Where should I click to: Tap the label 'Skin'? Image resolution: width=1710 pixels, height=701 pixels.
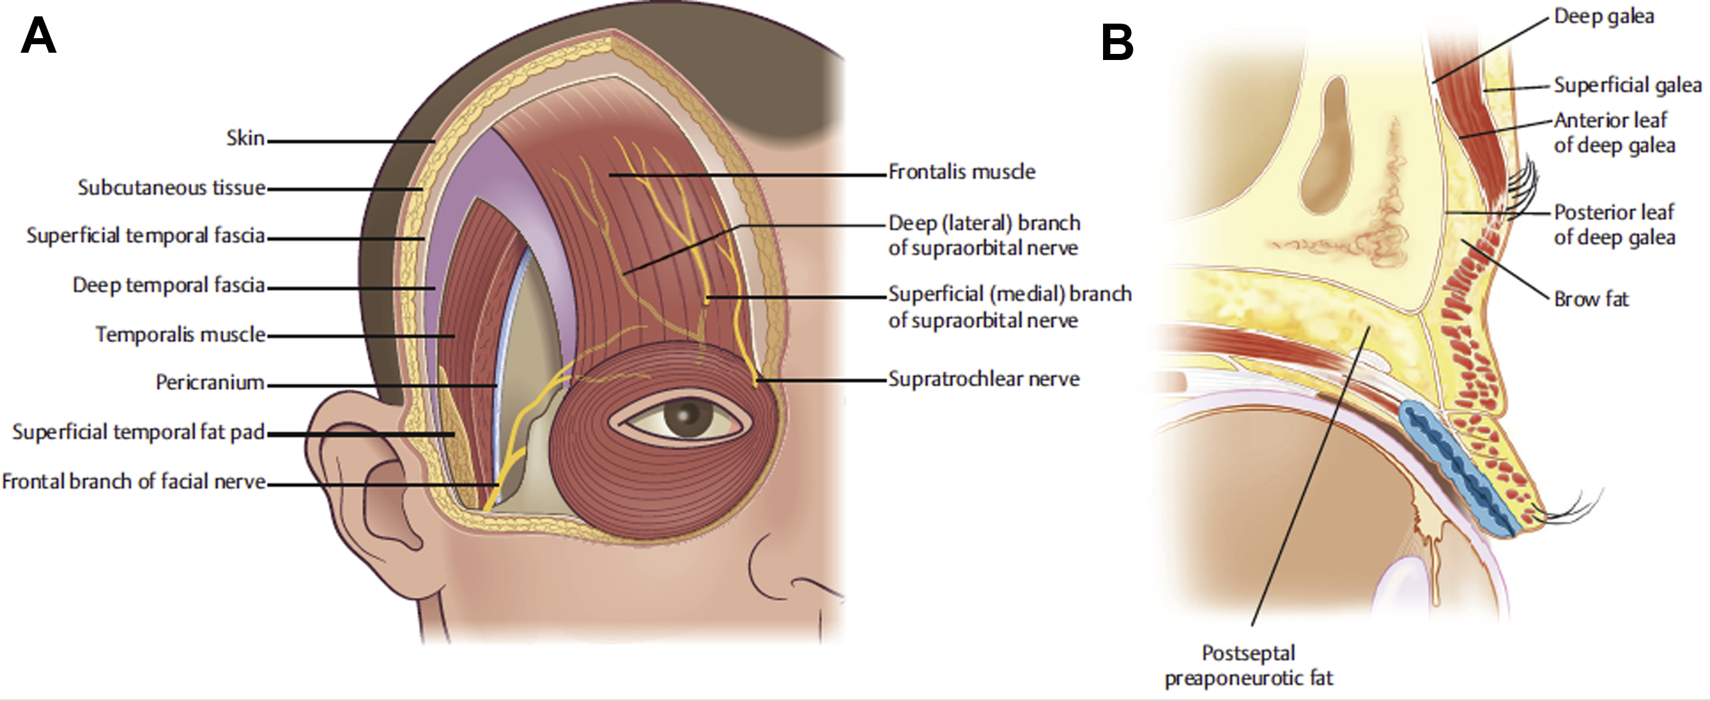245,139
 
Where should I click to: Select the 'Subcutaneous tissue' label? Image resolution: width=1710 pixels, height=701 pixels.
171,188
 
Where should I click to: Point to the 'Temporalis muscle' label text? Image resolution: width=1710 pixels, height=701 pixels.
180,334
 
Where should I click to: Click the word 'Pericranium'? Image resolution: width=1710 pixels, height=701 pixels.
210,382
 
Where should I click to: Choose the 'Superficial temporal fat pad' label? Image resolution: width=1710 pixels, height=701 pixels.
138,432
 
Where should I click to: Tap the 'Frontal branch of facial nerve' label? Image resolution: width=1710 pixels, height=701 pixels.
133,481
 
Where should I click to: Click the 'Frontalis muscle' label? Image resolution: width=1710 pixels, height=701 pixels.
961,172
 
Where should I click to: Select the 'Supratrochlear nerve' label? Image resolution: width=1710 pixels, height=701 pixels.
984,379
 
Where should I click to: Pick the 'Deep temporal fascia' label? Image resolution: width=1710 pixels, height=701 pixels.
168,285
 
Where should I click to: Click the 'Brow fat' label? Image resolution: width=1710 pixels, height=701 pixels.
1591,299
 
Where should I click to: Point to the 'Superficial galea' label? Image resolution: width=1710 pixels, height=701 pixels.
1628,104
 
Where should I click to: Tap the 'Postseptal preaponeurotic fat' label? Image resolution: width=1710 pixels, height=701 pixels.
1248,666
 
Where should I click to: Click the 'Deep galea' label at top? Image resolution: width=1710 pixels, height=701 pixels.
1603,16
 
